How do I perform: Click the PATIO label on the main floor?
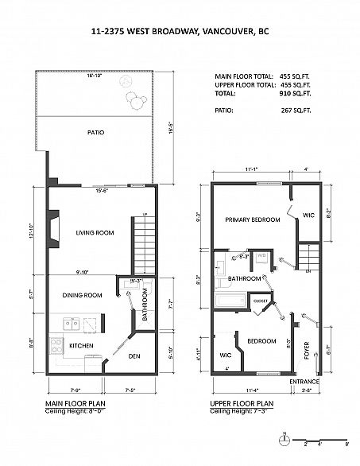[x=96, y=133]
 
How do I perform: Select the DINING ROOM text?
[x=83, y=295]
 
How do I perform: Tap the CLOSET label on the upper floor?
[x=260, y=301]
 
